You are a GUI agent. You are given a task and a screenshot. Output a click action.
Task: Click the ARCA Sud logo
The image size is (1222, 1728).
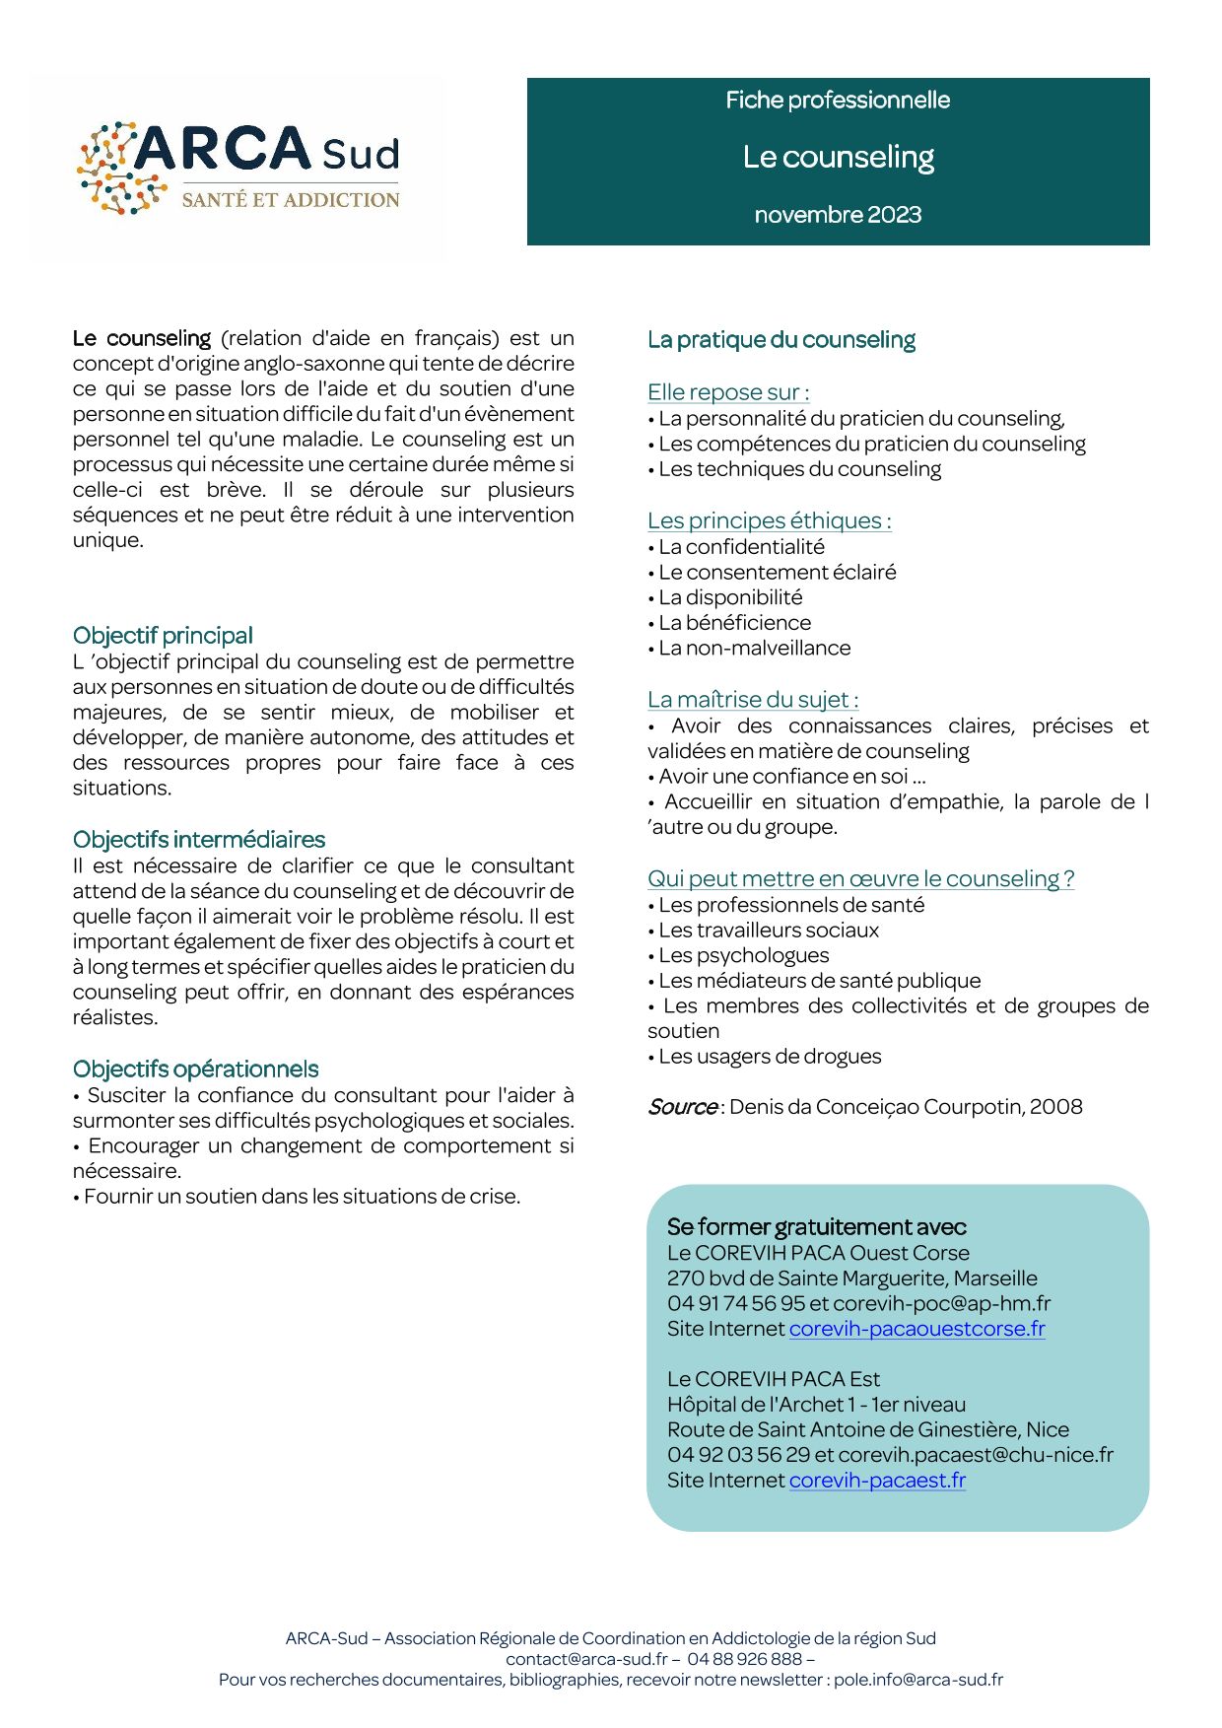click(239, 168)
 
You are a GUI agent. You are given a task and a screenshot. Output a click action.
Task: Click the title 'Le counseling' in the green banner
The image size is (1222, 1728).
click(838, 158)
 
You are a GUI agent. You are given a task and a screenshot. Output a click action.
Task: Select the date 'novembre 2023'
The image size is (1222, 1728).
click(838, 215)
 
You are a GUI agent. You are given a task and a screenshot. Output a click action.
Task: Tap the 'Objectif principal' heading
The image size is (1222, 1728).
click(163, 636)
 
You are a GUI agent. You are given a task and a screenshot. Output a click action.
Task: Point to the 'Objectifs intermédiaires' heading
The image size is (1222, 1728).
click(199, 840)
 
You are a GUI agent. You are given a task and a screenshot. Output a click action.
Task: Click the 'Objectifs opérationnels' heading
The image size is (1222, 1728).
click(196, 1070)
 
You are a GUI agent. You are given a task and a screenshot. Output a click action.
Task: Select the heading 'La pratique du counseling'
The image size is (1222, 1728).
click(781, 340)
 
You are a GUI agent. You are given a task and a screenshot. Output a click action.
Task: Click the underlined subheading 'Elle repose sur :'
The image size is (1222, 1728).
click(728, 392)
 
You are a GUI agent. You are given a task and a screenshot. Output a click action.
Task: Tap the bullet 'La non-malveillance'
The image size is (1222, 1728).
click(754, 649)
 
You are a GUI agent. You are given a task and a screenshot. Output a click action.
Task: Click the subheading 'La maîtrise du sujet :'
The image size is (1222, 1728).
click(753, 700)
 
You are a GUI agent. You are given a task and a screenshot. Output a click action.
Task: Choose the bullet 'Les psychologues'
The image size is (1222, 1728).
click(744, 955)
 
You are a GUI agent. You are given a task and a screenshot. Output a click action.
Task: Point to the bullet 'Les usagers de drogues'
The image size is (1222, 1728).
click(770, 1057)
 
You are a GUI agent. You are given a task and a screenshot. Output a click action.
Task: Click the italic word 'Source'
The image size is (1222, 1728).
click(682, 1107)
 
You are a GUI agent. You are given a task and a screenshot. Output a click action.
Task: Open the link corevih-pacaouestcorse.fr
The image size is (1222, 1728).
click(916, 1329)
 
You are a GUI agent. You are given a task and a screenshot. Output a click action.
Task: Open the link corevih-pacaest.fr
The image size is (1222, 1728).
click(877, 1481)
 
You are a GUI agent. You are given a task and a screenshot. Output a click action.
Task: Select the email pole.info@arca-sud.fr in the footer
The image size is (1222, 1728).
click(918, 1680)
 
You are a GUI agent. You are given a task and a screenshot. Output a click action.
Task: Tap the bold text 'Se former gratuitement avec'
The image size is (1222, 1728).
click(816, 1227)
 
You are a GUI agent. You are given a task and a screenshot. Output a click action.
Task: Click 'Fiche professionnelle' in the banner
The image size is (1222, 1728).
click(838, 101)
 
